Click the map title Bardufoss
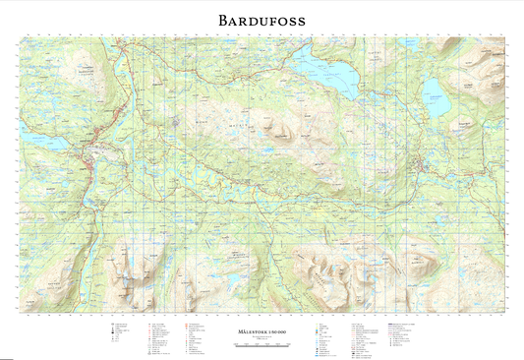point(262,20)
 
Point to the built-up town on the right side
point(423,164)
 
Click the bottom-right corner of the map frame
point(505,312)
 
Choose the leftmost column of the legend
point(123,335)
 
